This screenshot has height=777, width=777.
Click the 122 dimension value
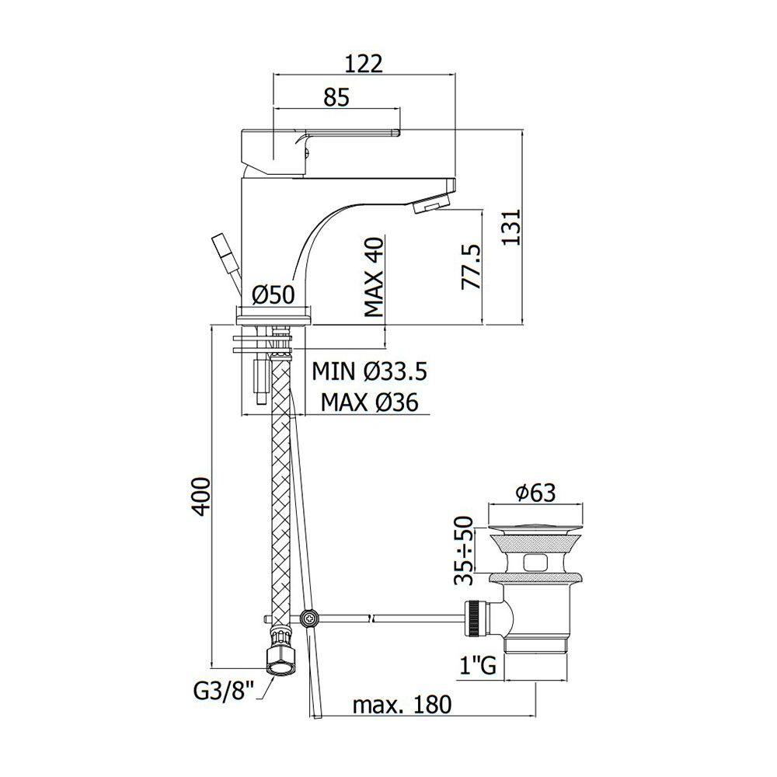point(364,64)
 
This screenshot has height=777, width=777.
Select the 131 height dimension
point(511,227)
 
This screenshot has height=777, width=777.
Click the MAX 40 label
point(375,277)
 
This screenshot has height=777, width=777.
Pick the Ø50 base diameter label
point(273,294)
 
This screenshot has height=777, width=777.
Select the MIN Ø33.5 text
point(369,371)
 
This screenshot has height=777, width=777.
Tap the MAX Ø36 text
point(369,402)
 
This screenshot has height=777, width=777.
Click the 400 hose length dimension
point(200,497)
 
